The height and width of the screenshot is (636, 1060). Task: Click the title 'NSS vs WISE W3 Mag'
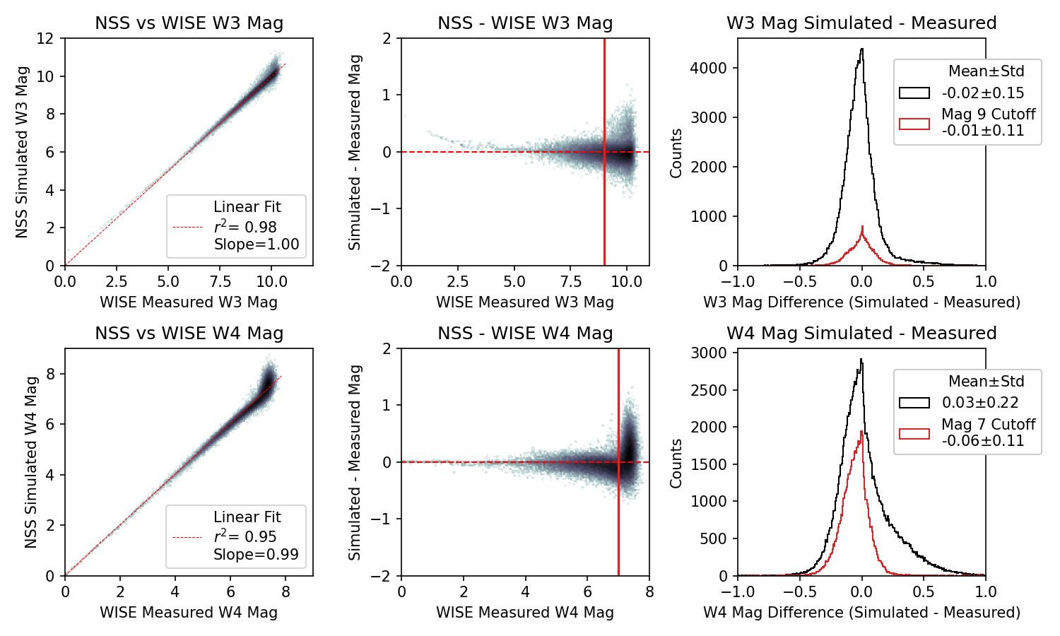(189, 23)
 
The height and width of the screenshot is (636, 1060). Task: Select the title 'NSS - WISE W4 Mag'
(525, 334)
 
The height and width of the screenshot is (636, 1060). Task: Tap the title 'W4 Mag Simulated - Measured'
(861, 334)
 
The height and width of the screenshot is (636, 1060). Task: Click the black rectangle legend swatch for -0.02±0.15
(914, 93)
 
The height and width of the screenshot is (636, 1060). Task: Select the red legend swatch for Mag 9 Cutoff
(914, 123)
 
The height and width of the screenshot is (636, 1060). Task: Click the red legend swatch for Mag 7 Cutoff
(914, 433)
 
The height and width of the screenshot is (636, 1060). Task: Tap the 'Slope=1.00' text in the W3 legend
(257, 245)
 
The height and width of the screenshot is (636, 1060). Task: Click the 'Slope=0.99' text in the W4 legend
(256, 555)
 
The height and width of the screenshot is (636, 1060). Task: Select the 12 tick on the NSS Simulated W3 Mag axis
(45, 38)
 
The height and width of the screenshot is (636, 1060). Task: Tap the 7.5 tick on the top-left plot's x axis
(220, 281)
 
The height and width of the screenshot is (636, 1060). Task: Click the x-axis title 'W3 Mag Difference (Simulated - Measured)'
(861, 302)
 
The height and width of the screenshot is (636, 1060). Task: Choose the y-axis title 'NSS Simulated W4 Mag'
(31, 462)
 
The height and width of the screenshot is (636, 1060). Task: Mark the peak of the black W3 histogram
(861, 49)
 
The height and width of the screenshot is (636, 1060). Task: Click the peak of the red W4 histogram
(861, 431)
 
